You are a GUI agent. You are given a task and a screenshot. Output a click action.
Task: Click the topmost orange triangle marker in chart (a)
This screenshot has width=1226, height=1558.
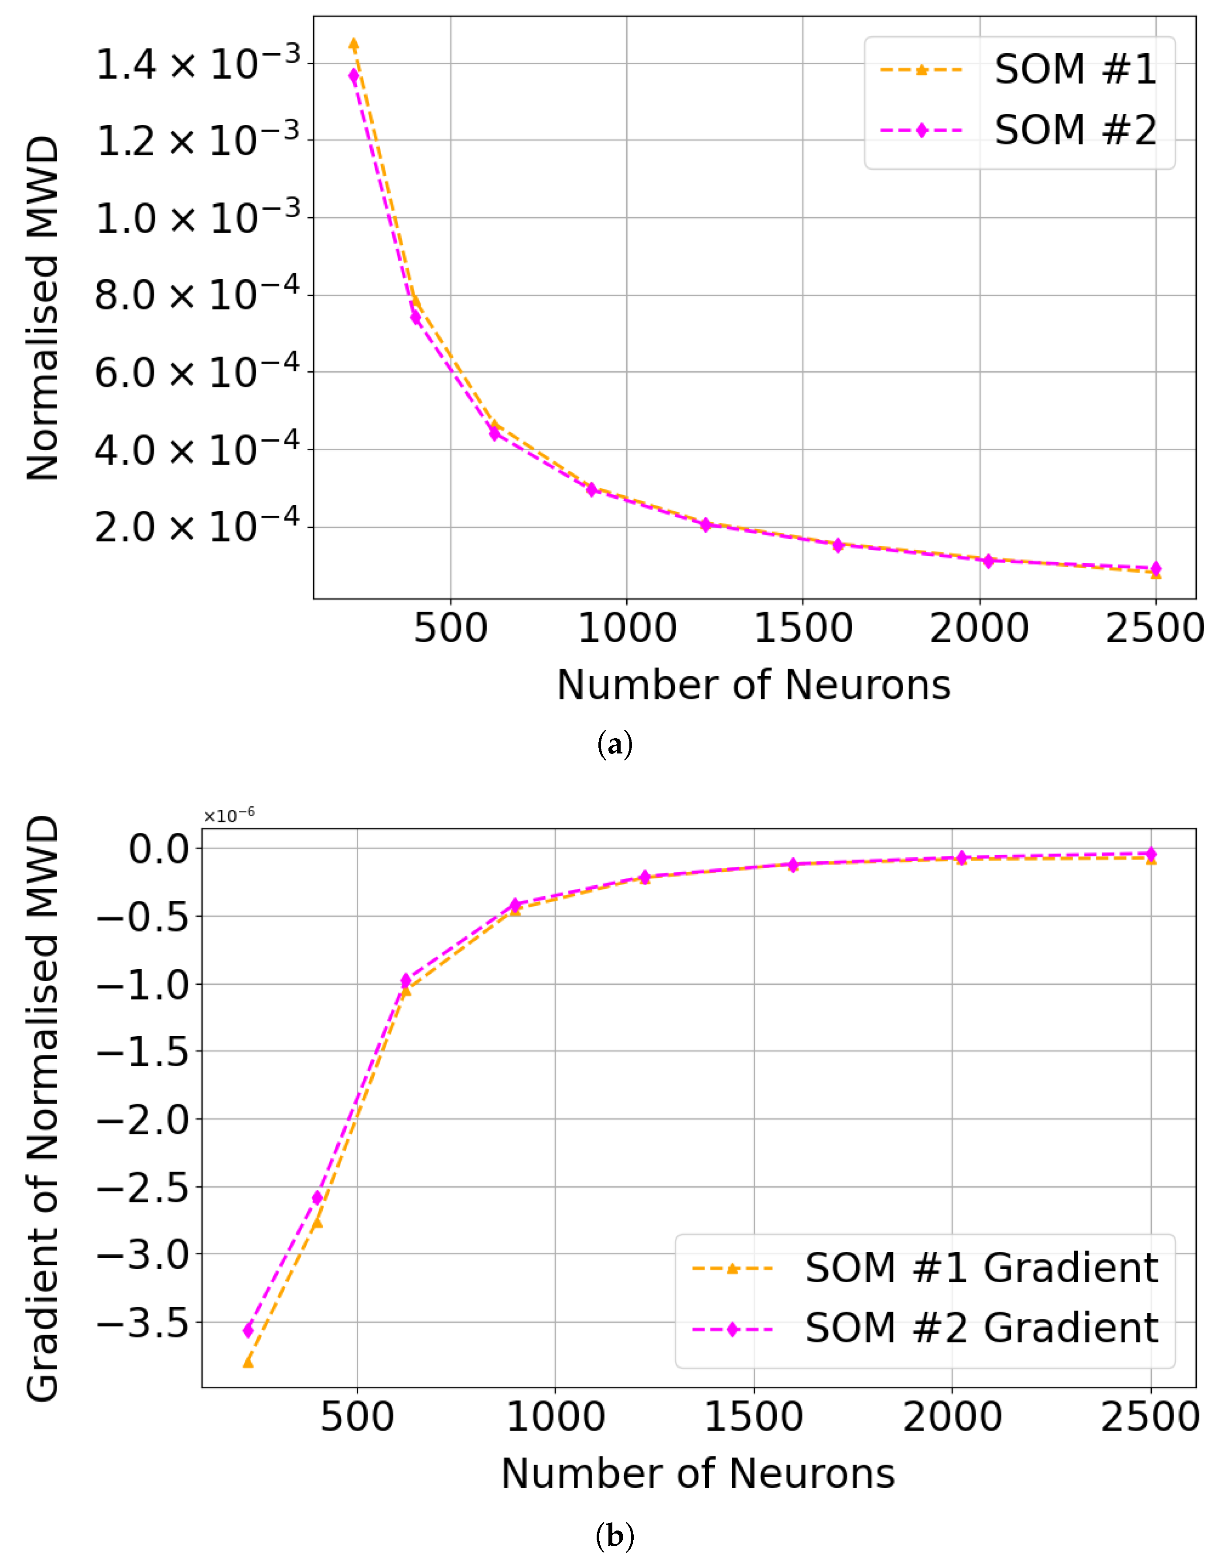click(x=353, y=44)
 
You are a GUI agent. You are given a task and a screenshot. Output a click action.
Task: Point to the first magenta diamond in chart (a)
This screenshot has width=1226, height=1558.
click(x=353, y=75)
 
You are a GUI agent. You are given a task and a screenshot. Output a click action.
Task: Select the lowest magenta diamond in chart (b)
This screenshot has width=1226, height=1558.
click(x=248, y=1330)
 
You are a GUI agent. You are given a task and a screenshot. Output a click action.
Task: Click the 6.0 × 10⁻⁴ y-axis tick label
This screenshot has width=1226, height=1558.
click(x=198, y=373)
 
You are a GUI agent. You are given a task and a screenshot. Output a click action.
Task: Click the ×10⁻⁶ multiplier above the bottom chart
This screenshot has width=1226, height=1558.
click(x=228, y=815)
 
